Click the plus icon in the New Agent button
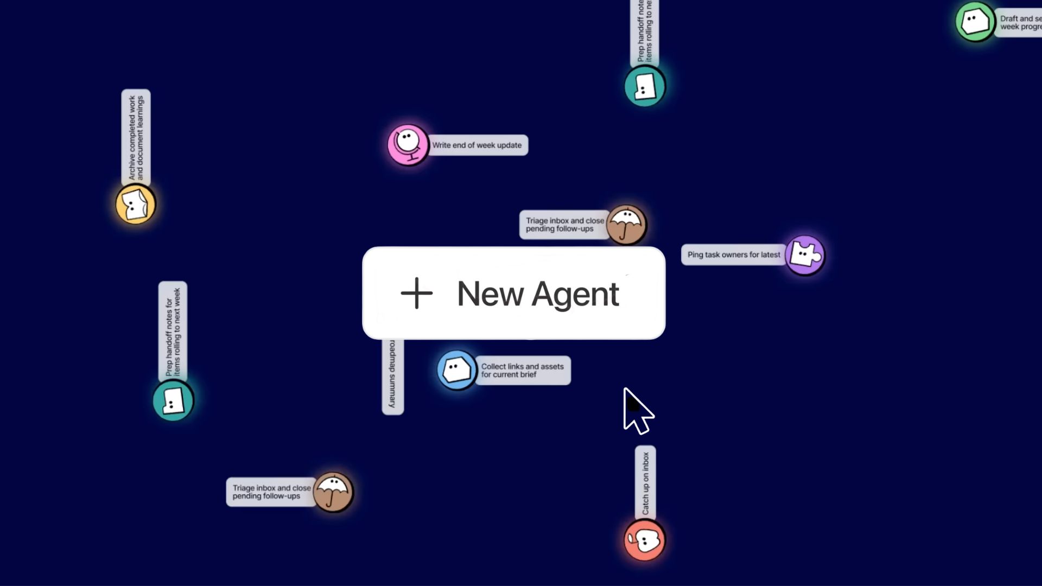(x=416, y=294)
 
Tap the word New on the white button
(x=490, y=295)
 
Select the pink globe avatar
(x=408, y=144)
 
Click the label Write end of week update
(x=477, y=145)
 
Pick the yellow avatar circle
(x=136, y=204)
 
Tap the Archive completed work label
(x=136, y=138)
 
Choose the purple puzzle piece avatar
(x=804, y=255)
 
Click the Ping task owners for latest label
(x=734, y=255)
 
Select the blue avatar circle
(x=456, y=371)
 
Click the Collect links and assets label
(x=522, y=371)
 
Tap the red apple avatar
(x=644, y=540)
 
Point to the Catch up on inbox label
(x=645, y=483)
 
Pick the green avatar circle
(x=975, y=22)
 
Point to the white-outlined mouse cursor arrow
(x=636, y=411)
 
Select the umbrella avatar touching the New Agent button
(x=626, y=225)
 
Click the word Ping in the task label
(x=695, y=255)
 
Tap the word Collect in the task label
(x=493, y=367)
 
